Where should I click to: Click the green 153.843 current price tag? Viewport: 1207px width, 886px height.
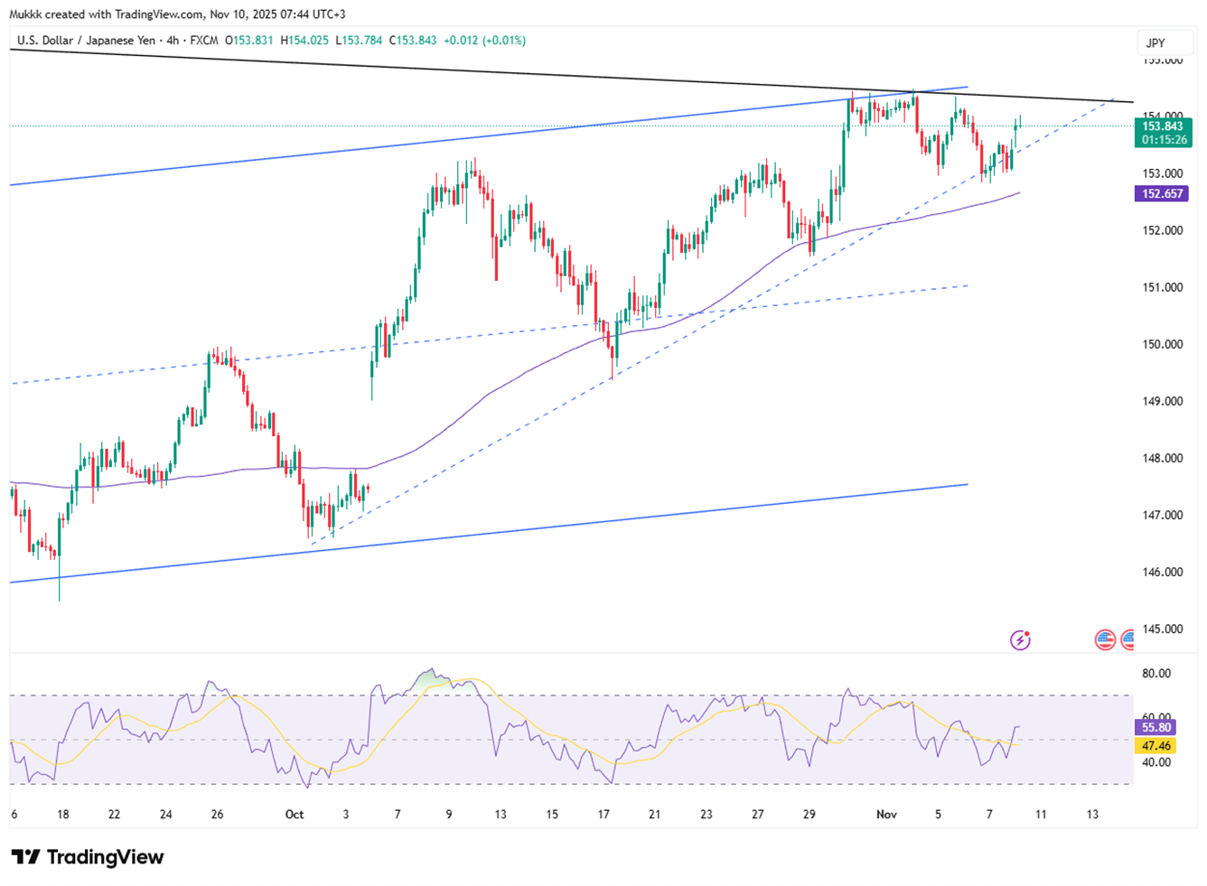(x=1163, y=126)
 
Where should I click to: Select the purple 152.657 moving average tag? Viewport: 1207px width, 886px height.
(x=1162, y=193)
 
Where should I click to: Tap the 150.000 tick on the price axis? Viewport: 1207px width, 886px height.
(x=1162, y=344)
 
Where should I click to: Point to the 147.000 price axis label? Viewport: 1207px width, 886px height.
(x=1162, y=515)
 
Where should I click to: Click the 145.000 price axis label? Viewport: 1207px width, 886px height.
(x=1162, y=629)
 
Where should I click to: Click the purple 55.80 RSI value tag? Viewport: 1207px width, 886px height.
(x=1156, y=727)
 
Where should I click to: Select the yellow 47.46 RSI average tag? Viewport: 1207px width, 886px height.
(x=1156, y=746)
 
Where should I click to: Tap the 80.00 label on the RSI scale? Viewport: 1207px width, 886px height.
(x=1156, y=673)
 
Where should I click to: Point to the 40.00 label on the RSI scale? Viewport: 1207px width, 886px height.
(x=1156, y=762)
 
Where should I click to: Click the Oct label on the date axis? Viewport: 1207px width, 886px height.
(x=295, y=815)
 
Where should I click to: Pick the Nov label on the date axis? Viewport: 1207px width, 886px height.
(x=886, y=815)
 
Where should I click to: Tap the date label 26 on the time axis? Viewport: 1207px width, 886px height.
(x=217, y=815)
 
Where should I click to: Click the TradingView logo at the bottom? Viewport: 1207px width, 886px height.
(x=88, y=857)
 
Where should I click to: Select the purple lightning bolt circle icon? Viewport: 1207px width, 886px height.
(x=1020, y=640)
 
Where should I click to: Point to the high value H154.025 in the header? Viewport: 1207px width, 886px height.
(x=305, y=41)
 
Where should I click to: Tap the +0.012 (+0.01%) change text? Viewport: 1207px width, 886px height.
(x=484, y=41)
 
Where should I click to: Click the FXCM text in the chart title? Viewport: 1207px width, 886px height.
(x=204, y=41)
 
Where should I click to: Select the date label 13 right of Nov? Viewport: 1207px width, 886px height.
(x=1092, y=815)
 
